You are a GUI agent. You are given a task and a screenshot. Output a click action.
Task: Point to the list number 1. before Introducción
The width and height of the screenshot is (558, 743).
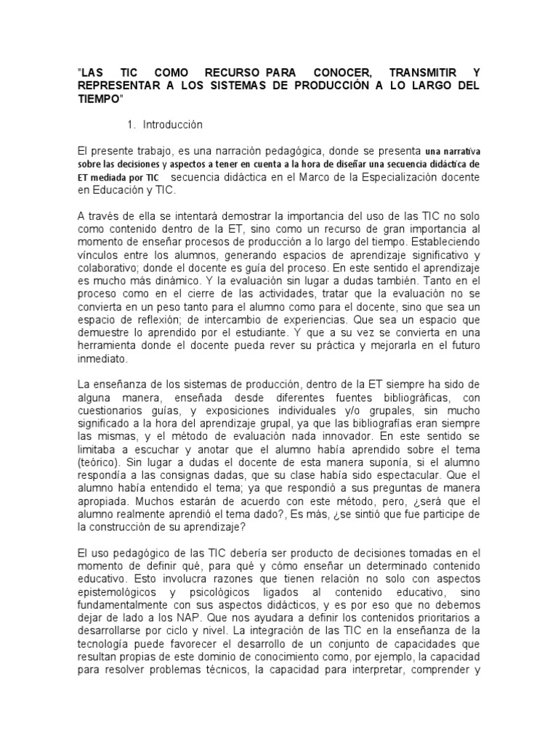[132, 125]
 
